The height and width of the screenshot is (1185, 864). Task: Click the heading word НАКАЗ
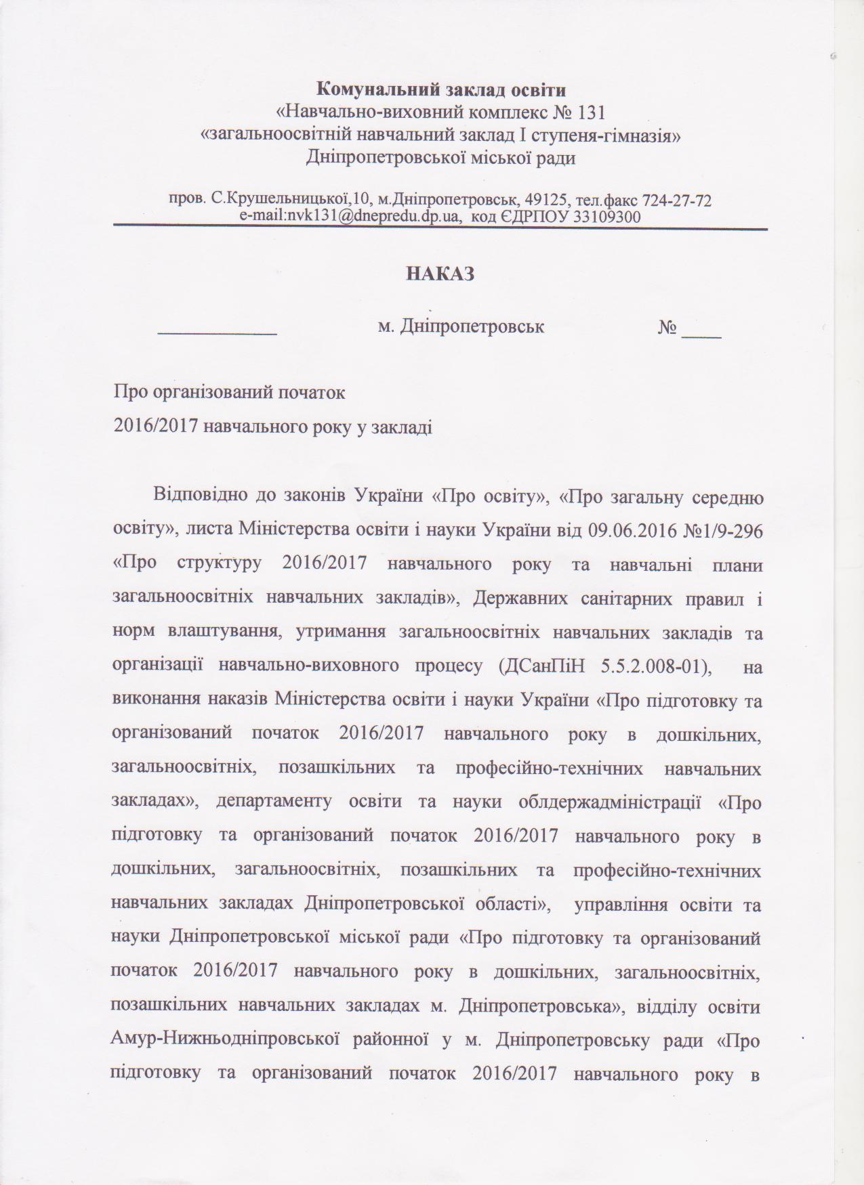440,274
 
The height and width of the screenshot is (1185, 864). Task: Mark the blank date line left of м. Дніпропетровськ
217,330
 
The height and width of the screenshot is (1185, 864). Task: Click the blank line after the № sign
701,332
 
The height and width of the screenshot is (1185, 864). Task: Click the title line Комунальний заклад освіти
441,89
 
